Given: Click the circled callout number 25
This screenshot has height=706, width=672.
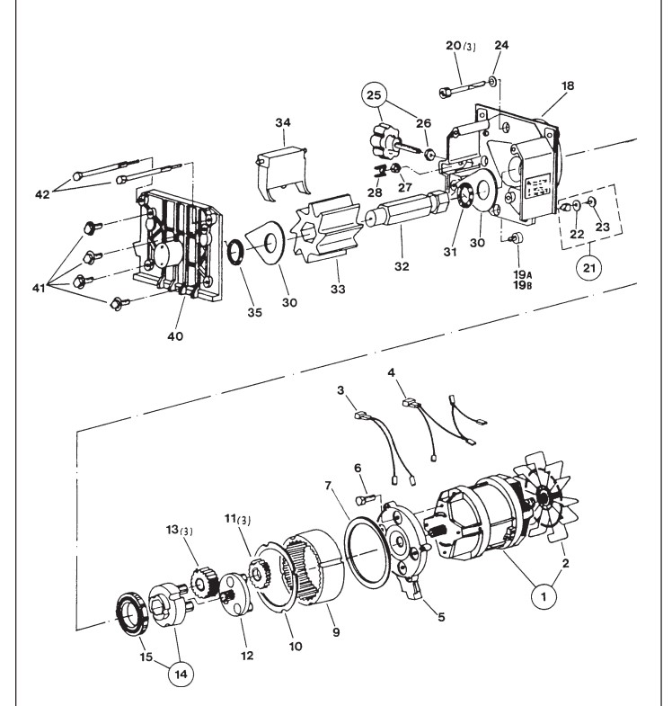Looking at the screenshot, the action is pos(374,95).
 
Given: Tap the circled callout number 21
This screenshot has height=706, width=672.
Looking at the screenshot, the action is pos(589,268).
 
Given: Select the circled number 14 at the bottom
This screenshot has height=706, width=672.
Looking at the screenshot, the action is pos(181,674).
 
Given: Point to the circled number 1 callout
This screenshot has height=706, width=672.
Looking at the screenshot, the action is pos(544,597).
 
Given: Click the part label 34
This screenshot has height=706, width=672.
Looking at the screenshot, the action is pos(283,122).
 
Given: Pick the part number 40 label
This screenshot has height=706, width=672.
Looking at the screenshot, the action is pos(175,336).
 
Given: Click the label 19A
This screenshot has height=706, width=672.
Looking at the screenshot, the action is pos(523,273).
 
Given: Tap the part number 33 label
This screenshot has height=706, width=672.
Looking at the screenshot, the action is pos(338,289).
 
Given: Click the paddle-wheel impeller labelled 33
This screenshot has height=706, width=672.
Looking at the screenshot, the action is pos(326,229).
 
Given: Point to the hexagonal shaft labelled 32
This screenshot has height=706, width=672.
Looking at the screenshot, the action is pos(407,209).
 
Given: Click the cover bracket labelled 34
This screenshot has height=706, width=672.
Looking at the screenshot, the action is pos(282,173).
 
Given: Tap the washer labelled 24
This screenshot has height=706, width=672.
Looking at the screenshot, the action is pos(493,81).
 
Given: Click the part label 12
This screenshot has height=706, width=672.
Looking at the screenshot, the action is pos(247,656).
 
